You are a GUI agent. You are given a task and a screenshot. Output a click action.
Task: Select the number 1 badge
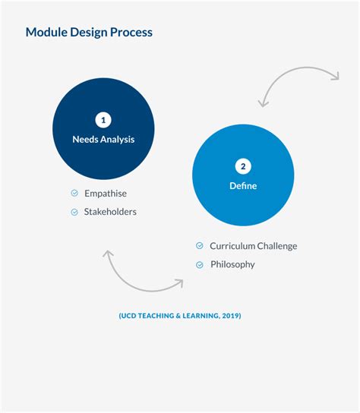click(x=103, y=120)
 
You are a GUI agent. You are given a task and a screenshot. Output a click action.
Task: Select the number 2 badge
click(x=243, y=167)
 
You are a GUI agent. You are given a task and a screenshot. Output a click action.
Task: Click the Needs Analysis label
click(x=103, y=139)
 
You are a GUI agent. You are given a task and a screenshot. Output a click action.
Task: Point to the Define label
click(x=243, y=186)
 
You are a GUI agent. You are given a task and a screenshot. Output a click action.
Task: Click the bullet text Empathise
click(x=106, y=194)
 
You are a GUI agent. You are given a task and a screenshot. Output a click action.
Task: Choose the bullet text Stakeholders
click(x=110, y=212)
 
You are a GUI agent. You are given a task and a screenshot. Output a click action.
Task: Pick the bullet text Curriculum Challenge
click(x=254, y=246)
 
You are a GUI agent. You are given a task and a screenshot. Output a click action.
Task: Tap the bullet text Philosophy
click(x=232, y=264)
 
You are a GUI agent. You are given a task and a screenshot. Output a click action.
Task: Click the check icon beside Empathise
click(x=74, y=194)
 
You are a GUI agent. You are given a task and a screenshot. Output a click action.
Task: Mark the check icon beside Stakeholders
click(x=74, y=212)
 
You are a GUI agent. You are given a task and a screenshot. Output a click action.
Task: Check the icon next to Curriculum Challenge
click(x=200, y=246)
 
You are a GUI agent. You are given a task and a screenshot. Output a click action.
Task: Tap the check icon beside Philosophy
click(x=200, y=264)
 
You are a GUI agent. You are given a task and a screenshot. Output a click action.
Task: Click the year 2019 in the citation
click(x=230, y=316)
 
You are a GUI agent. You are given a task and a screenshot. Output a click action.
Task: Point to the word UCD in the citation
click(x=129, y=316)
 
